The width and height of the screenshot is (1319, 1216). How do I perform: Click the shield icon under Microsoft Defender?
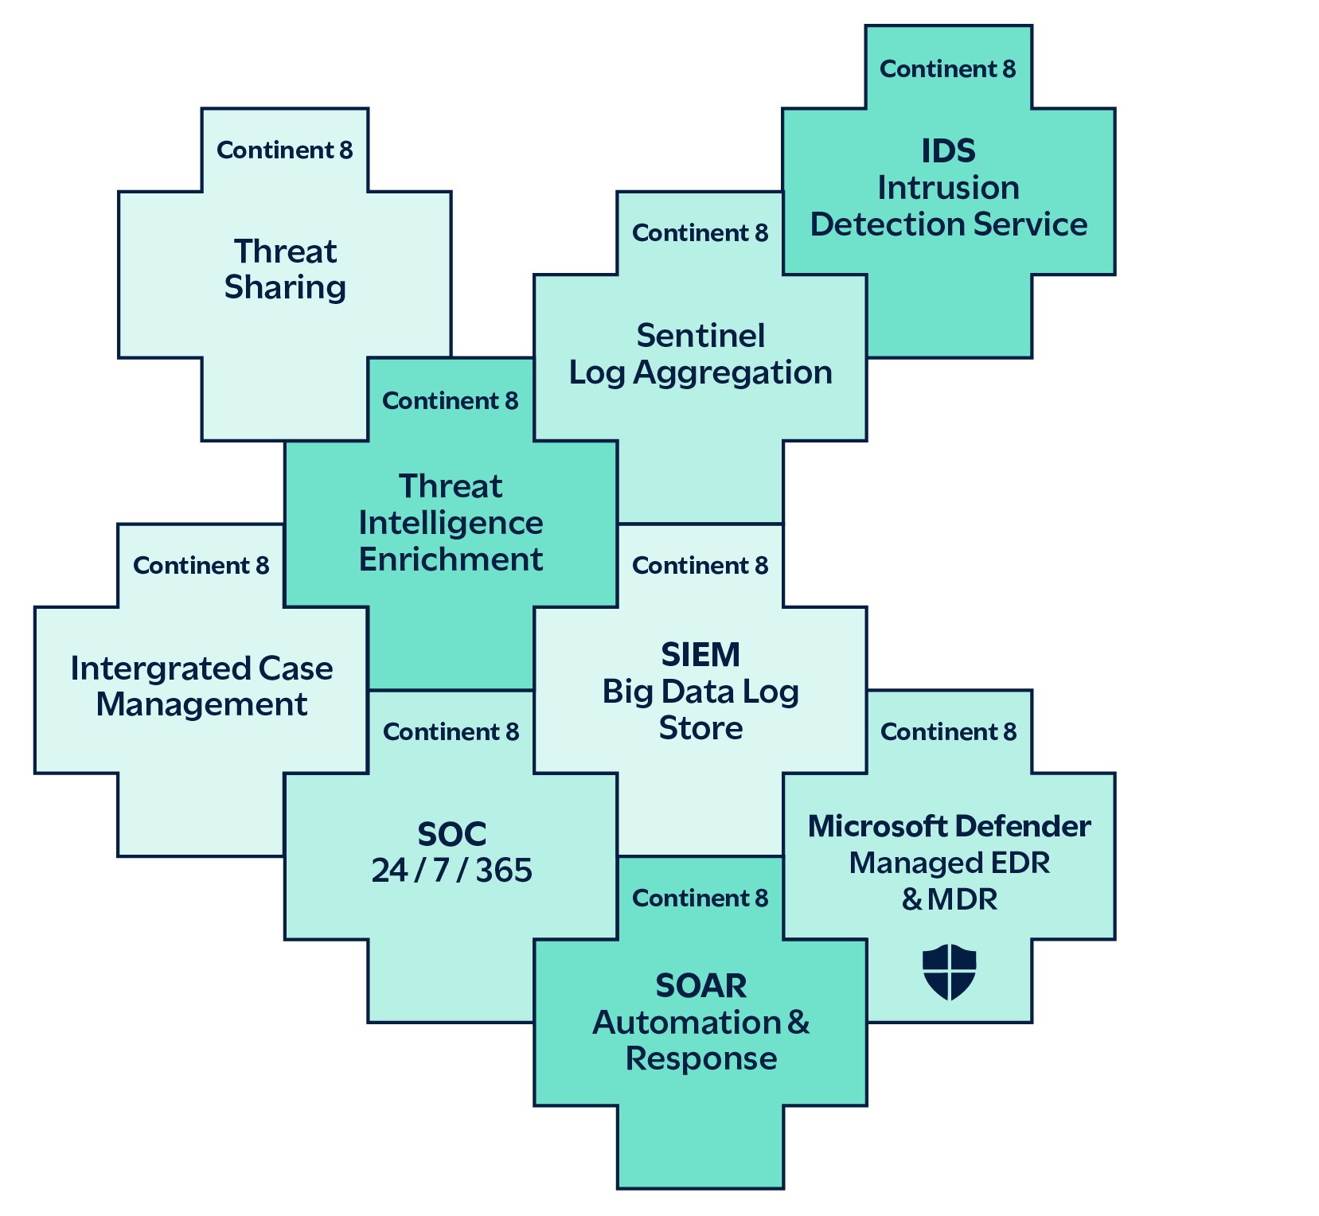tap(949, 972)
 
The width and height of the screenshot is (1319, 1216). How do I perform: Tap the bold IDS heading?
tap(948, 151)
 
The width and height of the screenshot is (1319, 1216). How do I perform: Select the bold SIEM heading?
tap(700, 655)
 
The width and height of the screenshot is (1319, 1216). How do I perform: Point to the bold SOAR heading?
tap(700, 986)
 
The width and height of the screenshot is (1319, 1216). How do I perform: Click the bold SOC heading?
tap(451, 834)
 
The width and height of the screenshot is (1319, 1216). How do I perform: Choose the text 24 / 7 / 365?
tap(451, 871)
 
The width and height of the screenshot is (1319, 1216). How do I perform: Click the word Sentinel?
tap(700, 336)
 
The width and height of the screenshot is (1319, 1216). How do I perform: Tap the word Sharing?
tap(285, 287)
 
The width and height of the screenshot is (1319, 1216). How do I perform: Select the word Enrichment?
tap(451, 559)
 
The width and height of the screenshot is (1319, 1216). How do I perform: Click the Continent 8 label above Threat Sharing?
tap(284, 150)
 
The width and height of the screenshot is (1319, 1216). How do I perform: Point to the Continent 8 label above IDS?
tap(947, 69)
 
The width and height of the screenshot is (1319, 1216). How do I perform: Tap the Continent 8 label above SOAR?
tap(700, 898)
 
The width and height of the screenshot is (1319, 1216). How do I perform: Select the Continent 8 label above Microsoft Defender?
tap(948, 732)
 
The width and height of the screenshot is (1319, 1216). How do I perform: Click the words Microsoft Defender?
tap(949, 826)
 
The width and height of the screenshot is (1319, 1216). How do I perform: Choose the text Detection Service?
tap(948, 224)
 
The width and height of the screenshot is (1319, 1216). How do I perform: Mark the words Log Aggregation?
tap(700, 372)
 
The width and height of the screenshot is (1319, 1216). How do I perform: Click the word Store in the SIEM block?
tap(700, 728)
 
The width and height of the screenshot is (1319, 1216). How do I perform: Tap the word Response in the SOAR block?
tap(700, 1059)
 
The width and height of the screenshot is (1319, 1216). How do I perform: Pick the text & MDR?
tap(949, 900)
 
